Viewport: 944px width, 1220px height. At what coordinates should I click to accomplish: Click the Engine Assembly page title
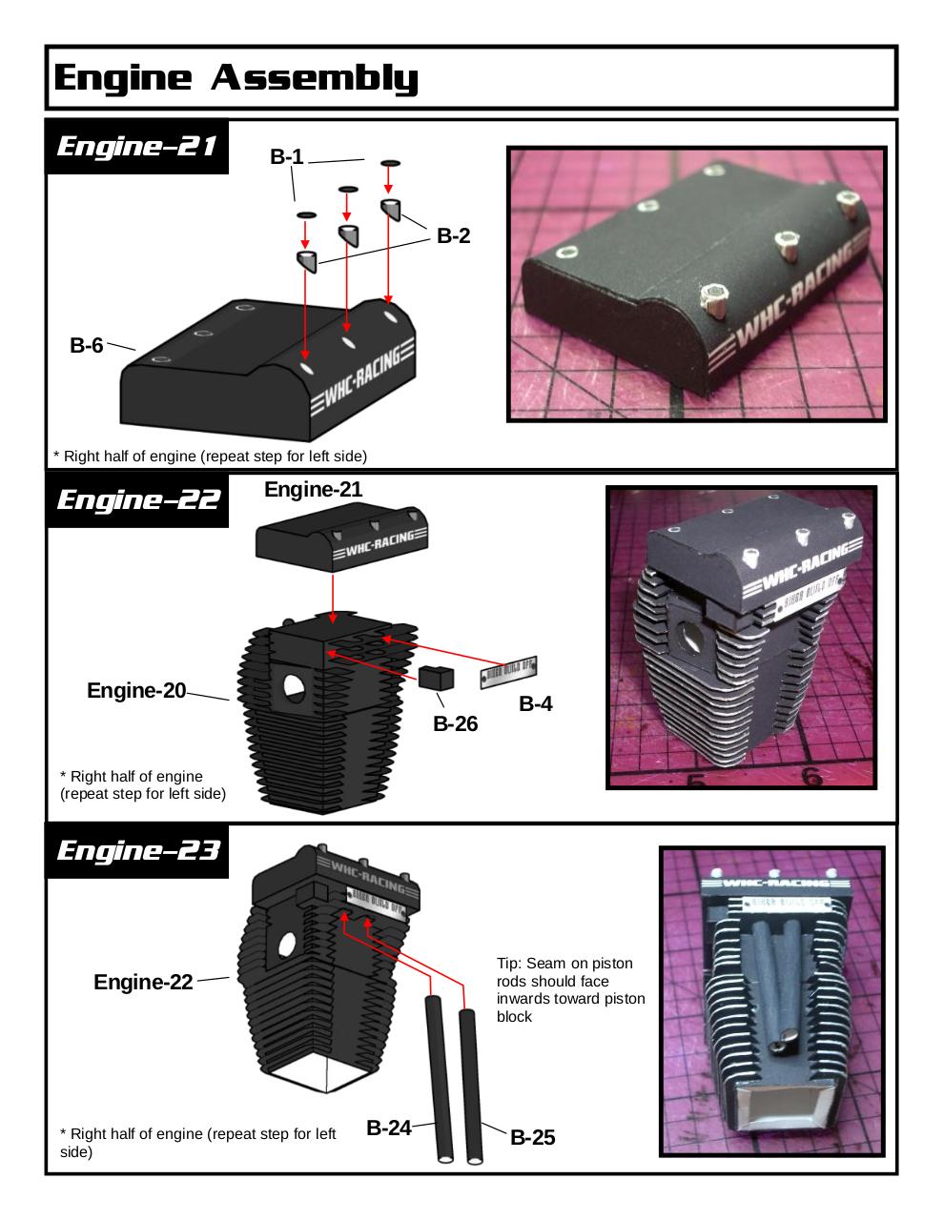coord(236,77)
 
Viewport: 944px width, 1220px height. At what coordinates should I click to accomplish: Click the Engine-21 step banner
coord(137,147)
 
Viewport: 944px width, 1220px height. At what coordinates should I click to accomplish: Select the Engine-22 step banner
coord(137,500)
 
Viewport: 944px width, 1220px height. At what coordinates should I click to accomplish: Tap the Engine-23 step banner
coord(137,850)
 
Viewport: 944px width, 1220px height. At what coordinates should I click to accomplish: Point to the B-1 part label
coord(286,157)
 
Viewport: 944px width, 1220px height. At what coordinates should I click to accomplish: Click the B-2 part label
coord(453,235)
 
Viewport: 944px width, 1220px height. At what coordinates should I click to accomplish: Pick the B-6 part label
coord(86,345)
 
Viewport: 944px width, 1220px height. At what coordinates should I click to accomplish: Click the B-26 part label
coord(455,723)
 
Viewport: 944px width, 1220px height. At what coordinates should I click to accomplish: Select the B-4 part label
coord(535,704)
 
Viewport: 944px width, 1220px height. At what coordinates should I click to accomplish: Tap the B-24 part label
coord(389,1128)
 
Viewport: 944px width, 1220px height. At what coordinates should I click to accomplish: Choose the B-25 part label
coord(532,1137)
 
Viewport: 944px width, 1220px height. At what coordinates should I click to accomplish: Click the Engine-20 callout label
coord(136,690)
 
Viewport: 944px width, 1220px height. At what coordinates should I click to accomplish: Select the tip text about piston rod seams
coord(570,990)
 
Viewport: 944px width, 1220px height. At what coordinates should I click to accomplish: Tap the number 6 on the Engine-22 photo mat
coord(811,776)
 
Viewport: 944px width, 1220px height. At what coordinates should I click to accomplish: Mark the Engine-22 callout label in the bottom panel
coord(143,983)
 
